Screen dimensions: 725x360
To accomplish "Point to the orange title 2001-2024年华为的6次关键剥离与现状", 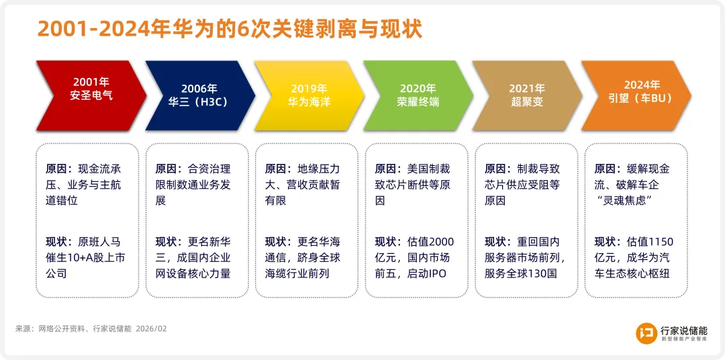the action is tap(230, 29).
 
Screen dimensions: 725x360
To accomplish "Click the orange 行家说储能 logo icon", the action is tap(646, 332).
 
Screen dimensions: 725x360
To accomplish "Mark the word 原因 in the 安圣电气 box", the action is tap(55, 169).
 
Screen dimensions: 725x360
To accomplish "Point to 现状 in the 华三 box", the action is tap(165, 242).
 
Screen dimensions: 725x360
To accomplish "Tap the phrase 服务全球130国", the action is tap(521, 273).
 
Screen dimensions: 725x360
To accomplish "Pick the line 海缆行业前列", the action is tap(297, 273).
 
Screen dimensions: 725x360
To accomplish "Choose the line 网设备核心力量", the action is tap(193, 273).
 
